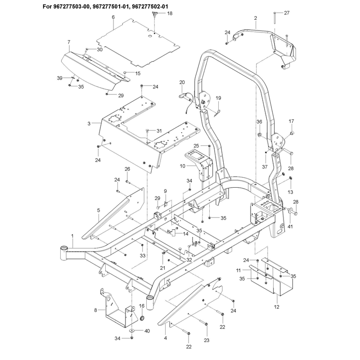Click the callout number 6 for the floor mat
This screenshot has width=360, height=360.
coord(113,17)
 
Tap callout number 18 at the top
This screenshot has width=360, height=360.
coord(170,13)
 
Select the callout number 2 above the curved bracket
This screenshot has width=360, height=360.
coord(256,18)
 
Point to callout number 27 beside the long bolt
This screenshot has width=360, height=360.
coord(287,13)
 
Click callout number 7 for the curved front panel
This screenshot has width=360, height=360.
coord(69,42)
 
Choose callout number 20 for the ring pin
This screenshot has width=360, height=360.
coord(182,82)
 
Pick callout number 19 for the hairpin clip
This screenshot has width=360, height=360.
coord(218,98)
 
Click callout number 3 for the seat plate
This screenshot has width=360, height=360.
coord(89,123)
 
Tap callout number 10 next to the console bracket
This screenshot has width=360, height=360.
coord(183,166)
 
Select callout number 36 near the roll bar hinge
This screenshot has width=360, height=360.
coord(259,121)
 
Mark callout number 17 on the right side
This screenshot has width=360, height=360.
coord(291,121)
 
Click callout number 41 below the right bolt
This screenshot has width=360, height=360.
coord(290,227)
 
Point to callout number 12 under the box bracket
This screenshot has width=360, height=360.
coord(277,307)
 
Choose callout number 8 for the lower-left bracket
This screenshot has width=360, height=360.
coord(95,310)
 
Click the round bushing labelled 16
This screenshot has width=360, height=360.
coord(142,319)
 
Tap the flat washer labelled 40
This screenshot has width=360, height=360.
coord(132,330)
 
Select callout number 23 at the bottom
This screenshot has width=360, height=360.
coord(207,340)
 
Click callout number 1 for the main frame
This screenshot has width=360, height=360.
coord(72,236)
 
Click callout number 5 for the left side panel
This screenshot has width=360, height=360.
coord(99,210)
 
